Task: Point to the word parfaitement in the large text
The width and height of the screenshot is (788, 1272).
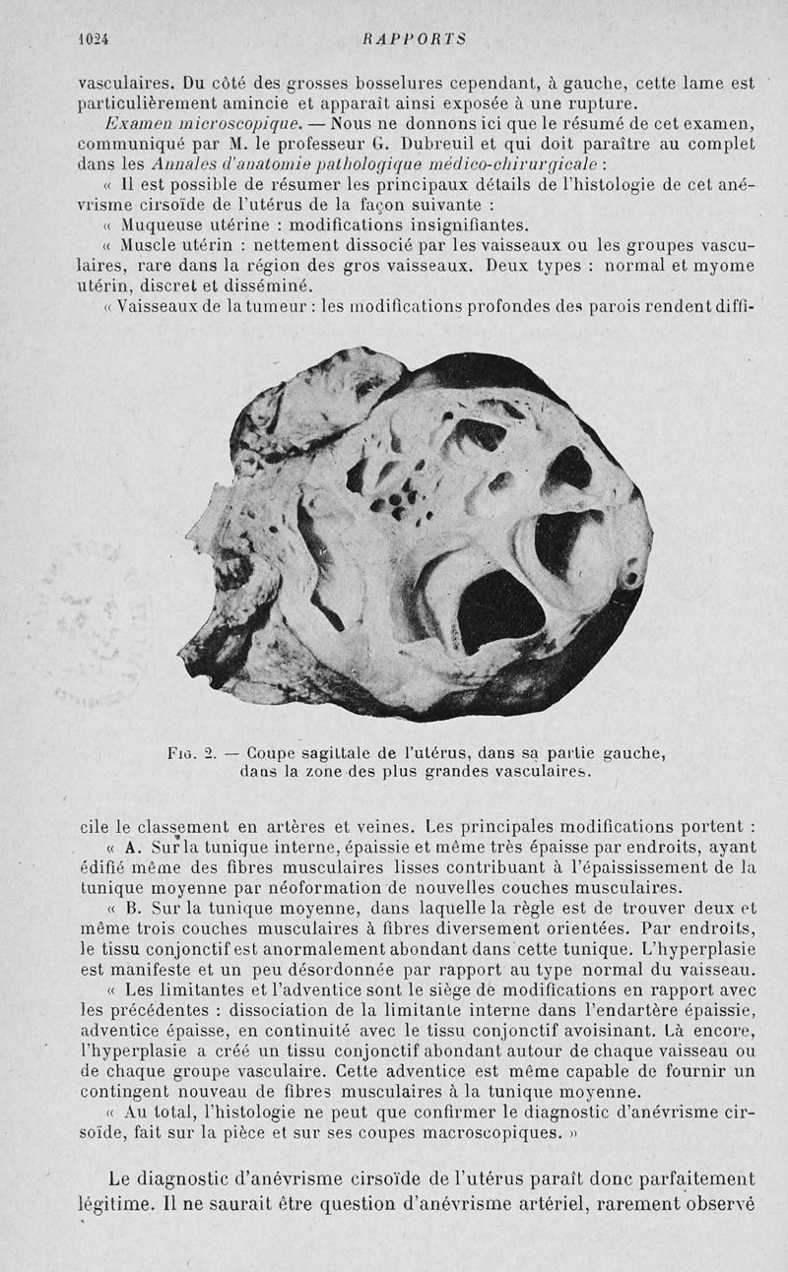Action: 689,1177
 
